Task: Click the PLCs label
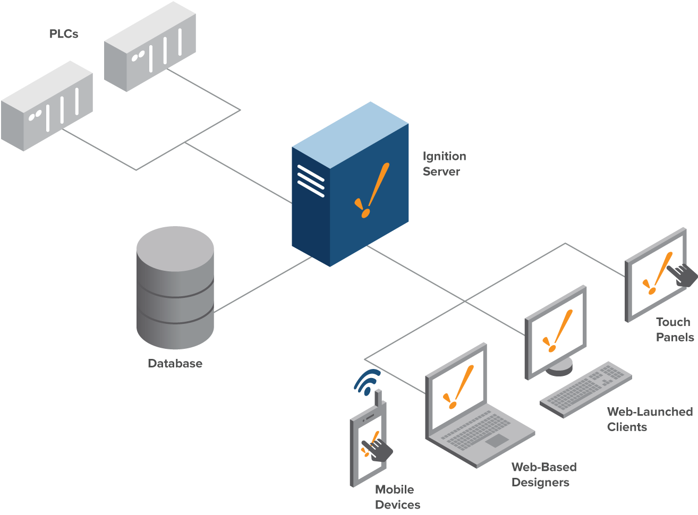click(64, 34)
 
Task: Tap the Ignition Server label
click(444, 164)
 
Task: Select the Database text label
click(175, 364)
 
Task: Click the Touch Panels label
click(674, 329)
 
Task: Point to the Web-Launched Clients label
click(649, 419)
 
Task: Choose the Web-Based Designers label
click(543, 475)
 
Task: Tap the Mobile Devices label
click(397, 497)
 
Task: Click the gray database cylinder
click(175, 287)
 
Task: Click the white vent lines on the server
click(311, 181)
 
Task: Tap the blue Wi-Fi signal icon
click(368, 382)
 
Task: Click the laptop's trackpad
click(496, 440)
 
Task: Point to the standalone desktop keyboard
click(586, 389)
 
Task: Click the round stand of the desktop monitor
click(559, 366)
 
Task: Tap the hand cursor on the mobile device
click(378, 449)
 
